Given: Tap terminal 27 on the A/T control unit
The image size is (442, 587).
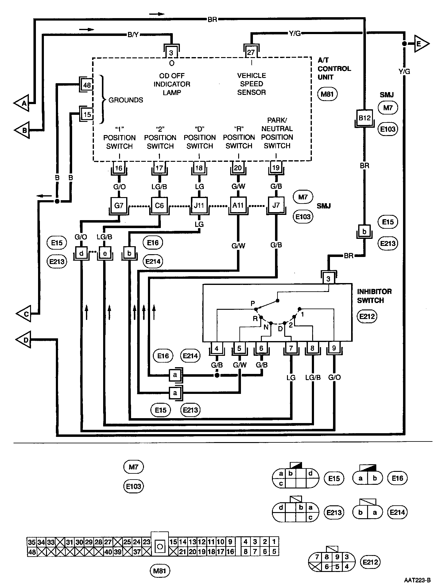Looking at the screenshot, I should click(251, 52).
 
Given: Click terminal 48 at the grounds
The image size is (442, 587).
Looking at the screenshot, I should click(87, 85).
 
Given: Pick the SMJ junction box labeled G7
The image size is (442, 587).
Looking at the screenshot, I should click(119, 205).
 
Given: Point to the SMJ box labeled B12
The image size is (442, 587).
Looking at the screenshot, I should click(364, 118).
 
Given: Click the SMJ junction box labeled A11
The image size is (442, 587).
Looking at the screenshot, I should click(238, 205).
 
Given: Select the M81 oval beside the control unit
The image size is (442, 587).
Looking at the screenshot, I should click(327, 94).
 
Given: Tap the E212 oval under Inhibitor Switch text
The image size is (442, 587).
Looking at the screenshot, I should click(367, 316).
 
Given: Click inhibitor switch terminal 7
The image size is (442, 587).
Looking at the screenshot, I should click(291, 348).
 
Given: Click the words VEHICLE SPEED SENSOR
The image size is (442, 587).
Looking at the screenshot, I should click(251, 84).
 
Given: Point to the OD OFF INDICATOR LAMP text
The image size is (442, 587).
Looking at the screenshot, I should click(172, 84).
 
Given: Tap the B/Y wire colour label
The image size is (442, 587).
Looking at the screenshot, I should click(133, 35).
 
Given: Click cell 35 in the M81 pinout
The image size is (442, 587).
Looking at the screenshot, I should click(32, 542).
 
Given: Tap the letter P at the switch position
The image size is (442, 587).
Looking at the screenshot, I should click(253, 303).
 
